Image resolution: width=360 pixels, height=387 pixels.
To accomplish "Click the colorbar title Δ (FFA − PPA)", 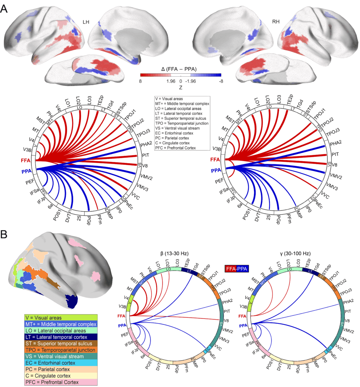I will coord(180,69).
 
